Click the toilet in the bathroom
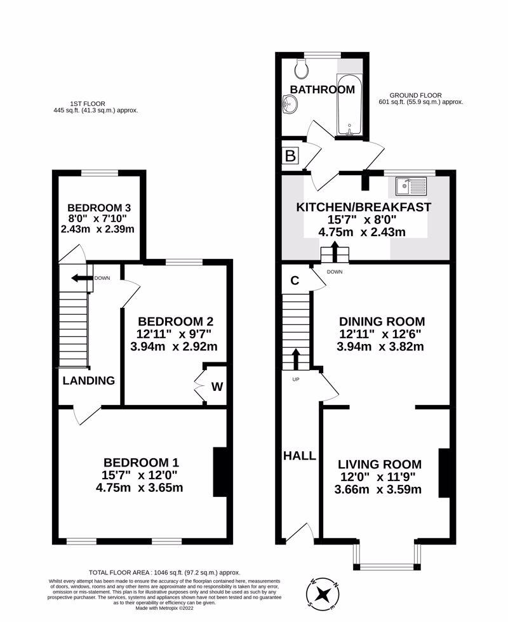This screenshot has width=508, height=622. pyautogui.click(x=302, y=69)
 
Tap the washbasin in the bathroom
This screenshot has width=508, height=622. pyautogui.click(x=290, y=105)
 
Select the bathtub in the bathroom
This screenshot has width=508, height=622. pyautogui.click(x=349, y=104)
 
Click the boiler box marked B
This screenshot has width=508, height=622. pyautogui.click(x=291, y=156)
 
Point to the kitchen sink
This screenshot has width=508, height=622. pyautogui.click(x=411, y=186)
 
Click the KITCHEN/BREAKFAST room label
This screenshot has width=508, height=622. pyautogui.click(x=363, y=207)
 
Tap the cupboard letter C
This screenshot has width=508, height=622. pyautogui.click(x=295, y=281)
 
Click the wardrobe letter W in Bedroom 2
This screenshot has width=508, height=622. pyautogui.click(x=217, y=387)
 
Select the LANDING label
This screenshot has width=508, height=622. pyautogui.click(x=89, y=380)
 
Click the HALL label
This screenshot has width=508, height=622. pyautogui.click(x=300, y=456)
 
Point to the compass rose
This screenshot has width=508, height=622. pyautogui.click(x=324, y=594)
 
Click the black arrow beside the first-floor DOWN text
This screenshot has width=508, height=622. pyautogui.click(x=81, y=278)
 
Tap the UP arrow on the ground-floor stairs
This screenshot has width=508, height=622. pyautogui.click(x=296, y=359)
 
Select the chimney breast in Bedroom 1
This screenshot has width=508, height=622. pyautogui.click(x=220, y=472)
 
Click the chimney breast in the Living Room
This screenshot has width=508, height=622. pyautogui.click(x=444, y=473)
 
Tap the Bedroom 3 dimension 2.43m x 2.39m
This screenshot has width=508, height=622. pyautogui.click(x=98, y=229)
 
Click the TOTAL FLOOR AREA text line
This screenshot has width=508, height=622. pyautogui.click(x=164, y=572)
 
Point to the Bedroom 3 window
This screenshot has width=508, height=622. pyautogui.click(x=100, y=173)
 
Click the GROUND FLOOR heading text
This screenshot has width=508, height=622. pyautogui.click(x=415, y=95)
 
